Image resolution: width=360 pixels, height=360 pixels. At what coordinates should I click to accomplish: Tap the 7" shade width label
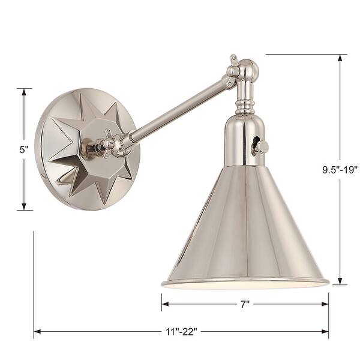244,304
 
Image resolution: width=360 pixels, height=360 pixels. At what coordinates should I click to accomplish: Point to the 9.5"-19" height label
340,169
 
